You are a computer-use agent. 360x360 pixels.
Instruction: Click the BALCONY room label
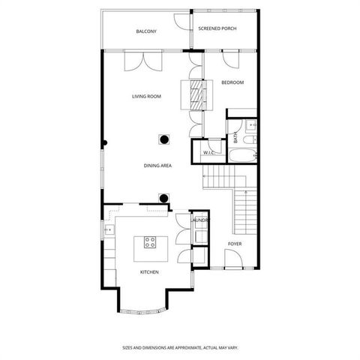point(146,31)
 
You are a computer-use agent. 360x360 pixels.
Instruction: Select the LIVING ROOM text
point(147,96)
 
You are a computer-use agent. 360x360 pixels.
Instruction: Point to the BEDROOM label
point(232,82)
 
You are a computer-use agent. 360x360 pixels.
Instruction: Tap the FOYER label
point(235,244)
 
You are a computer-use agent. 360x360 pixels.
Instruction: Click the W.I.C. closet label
point(208,153)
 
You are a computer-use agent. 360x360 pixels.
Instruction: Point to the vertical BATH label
point(235,138)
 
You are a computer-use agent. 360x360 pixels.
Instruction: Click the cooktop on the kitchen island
point(149,242)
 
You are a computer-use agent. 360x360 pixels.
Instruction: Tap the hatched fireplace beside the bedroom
point(196,94)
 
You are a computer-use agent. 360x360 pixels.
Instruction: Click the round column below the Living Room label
point(164,138)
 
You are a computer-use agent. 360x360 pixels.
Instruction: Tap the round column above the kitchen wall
point(163,199)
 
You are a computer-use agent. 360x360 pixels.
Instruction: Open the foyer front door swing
point(232,261)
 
